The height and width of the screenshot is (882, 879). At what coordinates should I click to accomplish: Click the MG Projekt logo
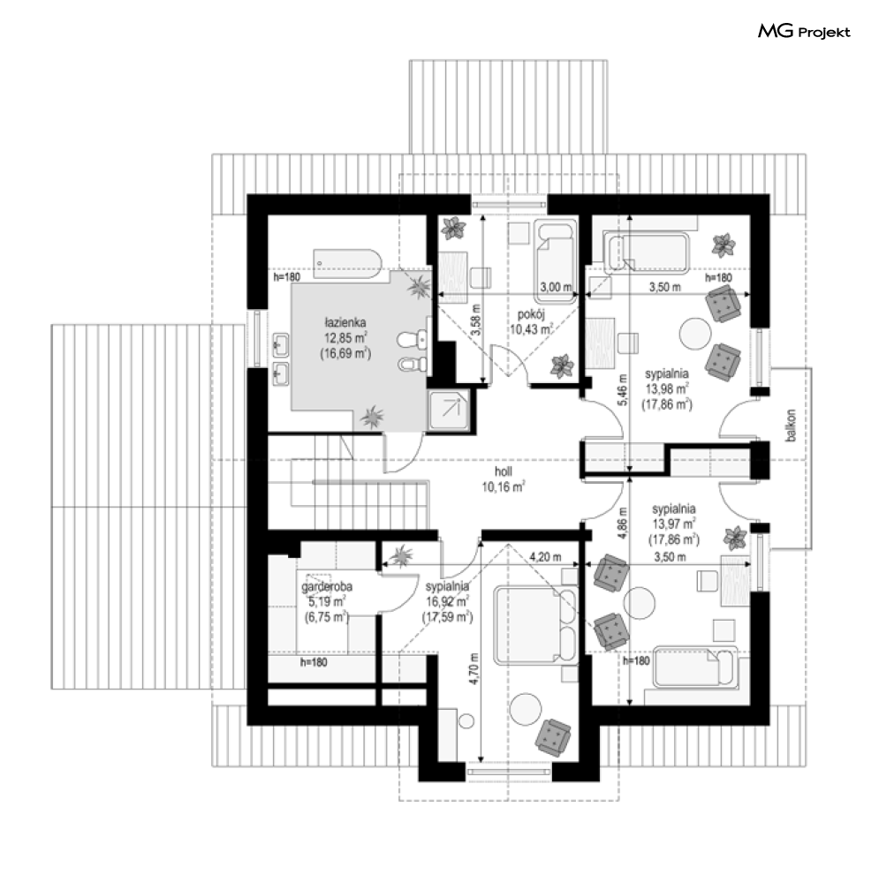[x=804, y=31]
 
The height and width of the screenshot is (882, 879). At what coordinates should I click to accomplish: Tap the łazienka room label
[x=345, y=323]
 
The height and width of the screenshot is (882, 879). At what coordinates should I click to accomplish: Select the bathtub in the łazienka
[x=348, y=264]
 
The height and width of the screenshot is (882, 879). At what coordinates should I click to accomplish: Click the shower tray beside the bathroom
[x=449, y=410]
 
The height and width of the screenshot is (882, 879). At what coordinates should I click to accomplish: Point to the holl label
[x=503, y=472]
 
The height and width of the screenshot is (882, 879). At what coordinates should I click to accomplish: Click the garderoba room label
[x=327, y=587]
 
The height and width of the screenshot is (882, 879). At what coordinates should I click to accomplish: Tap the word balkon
[x=792, y=426]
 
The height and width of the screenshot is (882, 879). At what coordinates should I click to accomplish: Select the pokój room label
[x=531, y=314]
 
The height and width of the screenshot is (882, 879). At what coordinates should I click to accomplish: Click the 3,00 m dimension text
[x=556, y=287]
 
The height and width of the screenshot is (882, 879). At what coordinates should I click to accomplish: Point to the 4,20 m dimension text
[x=545, y=557]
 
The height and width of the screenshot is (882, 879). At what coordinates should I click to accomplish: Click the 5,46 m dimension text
[x=623, y=390]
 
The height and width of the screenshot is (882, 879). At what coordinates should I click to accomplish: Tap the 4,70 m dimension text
[x=474, y=668]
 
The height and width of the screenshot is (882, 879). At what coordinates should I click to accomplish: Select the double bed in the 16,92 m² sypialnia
[x=535, y=625]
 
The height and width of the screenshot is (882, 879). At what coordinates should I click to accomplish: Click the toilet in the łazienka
[x=412, y=339]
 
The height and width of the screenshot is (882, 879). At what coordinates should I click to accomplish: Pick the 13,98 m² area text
[x=667, y=388]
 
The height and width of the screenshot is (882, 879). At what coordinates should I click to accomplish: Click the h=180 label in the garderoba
[x=314, y=662]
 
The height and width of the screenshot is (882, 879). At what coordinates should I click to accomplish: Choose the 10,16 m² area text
[x=503, y=486]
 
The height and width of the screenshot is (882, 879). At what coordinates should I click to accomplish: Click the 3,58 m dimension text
[x=477, y=320]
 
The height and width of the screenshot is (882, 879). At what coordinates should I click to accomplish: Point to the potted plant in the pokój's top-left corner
[x=453, y=228]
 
